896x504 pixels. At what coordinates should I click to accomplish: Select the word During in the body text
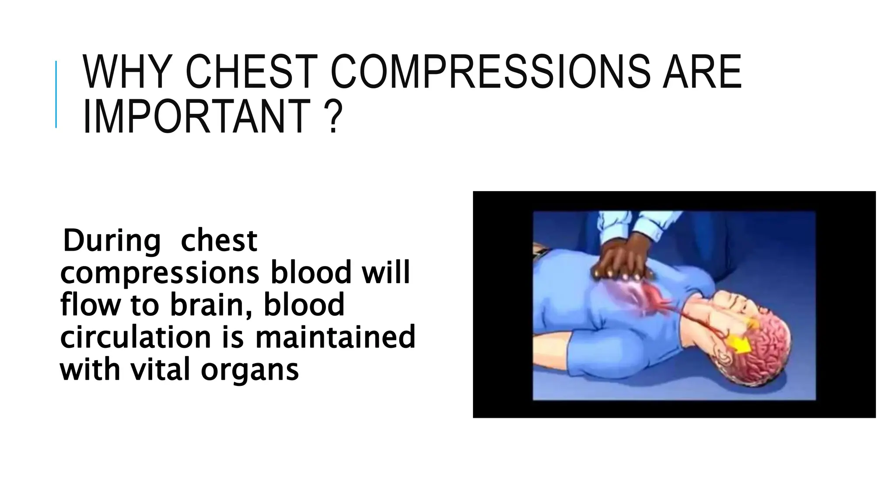(x=112, y=241)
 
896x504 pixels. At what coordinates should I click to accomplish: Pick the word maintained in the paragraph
(x=335, y=337)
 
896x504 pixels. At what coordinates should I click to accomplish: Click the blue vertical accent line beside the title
(x=56, y=94)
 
